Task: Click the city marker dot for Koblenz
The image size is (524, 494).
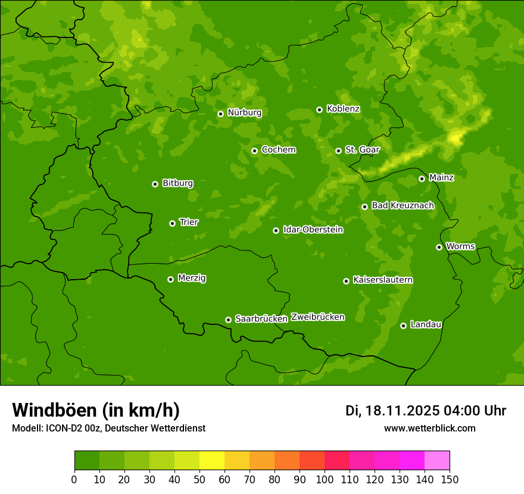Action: click(319, 110)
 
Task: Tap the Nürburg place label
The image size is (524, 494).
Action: click(244, 112)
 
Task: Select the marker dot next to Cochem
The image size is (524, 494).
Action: click(254, 151)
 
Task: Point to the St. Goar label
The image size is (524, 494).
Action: click(362, 150)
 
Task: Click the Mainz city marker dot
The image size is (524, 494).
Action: click(422, 179)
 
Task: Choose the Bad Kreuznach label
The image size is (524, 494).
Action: click(403, 205)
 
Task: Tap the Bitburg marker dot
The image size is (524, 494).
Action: click(155, 184)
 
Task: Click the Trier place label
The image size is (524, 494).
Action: click(189, 222)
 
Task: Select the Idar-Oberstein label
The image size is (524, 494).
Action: click(313, 230)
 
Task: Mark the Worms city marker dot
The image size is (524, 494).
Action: click(439, 247)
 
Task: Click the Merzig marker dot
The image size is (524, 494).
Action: click(170, 279)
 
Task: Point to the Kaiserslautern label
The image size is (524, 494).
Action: click(382, 280)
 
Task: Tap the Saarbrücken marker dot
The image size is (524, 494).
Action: click(228, 320)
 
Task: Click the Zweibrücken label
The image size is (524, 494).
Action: click(317, 317)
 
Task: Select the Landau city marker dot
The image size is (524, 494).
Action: click(403, 326)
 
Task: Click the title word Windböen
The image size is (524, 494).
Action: click(54, 410)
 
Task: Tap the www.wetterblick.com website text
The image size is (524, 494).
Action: click(429, 428)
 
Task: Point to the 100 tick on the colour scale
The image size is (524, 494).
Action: click(325, 479)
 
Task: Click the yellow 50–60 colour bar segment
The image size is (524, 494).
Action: click(212, 461)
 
